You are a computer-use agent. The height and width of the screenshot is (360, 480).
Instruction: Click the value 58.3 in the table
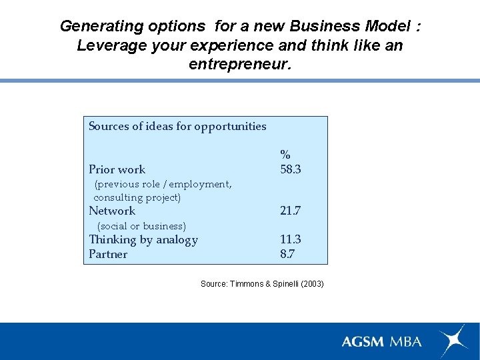[291, 169]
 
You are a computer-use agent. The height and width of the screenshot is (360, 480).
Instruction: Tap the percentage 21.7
[291, 211]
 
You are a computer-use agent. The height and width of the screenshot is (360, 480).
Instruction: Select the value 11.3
[291, 239]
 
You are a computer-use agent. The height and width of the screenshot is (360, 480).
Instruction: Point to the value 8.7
[287, 254]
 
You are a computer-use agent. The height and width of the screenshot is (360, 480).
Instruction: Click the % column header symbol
[285, 155]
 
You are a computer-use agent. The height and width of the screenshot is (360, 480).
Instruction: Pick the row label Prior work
[117, 169]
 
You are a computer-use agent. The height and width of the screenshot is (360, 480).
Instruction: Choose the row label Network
[112, 211]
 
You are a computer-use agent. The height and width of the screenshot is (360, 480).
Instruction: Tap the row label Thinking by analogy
[143, 239]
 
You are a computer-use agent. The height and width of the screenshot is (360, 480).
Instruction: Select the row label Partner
[108, 254]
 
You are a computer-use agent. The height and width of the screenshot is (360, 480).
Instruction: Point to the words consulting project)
[137, 197]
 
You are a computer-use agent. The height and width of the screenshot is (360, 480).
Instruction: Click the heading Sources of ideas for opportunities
[177, 126]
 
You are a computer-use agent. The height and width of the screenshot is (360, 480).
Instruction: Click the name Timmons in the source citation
[247, 284]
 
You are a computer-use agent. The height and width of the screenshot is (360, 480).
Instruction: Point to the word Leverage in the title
[110, 45]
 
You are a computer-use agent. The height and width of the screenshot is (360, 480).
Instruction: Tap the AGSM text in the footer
[363, 341]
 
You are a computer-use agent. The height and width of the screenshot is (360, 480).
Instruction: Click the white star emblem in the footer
[453, 340]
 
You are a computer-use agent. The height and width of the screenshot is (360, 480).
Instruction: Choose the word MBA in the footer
[406, 341]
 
